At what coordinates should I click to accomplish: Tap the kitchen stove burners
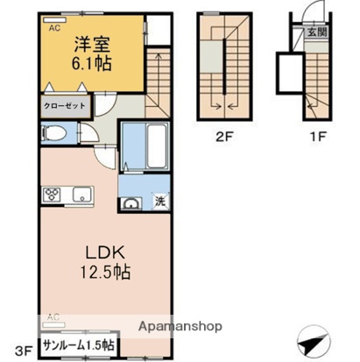tap(51, 193)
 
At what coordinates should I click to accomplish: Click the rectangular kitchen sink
tap(81, 193)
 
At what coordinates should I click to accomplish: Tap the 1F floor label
tap(319, 136)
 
